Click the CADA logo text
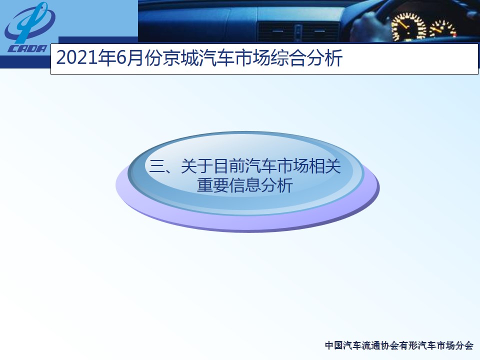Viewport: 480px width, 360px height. [27, 48]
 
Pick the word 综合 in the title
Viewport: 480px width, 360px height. [288, 58]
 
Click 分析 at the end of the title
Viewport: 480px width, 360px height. [324, 58]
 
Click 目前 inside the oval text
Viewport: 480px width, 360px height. [228, 166]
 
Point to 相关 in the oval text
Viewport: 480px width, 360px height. [325, 166]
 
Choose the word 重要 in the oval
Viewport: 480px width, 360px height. [213, 185]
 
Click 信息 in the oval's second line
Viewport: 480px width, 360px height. [244, 185]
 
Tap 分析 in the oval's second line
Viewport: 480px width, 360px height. [276, 185]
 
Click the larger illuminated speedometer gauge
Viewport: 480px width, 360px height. [408, 27]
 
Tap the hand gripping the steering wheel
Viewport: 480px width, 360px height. [369, 26]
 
